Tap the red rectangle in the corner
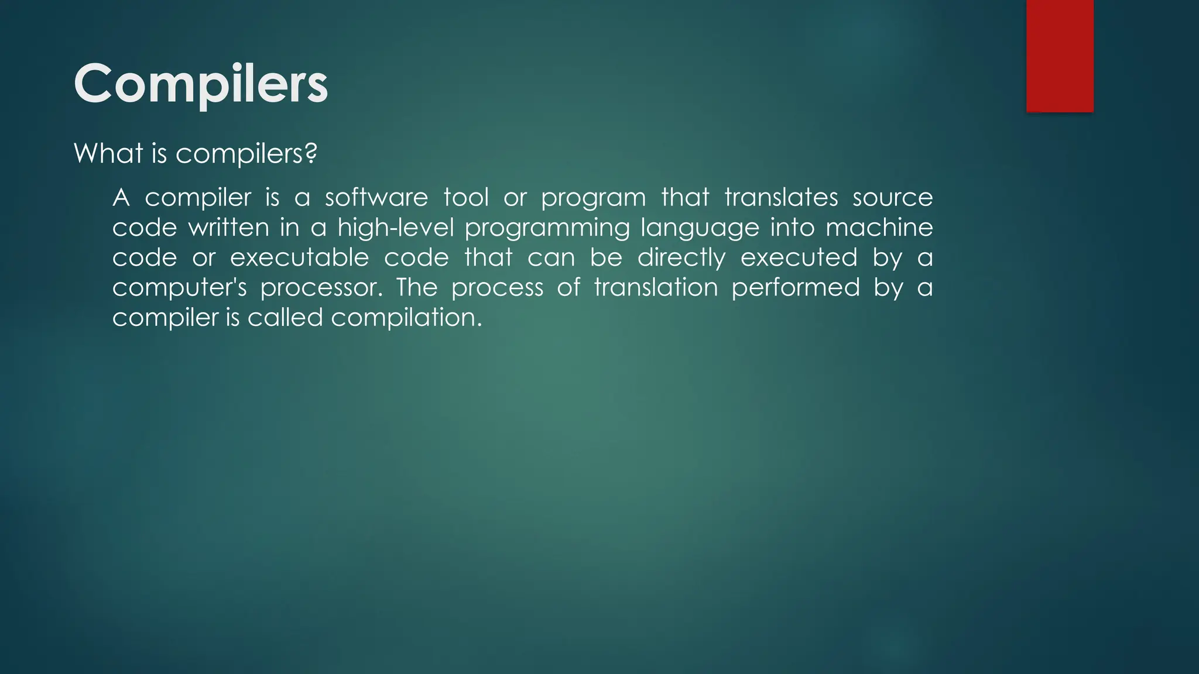(x=1060, y=56)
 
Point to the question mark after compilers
(x=311, y=153)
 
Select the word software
(x=376, y=198)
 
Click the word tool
(x=465, y=198)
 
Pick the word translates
(x=781, y=198)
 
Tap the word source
(x=892, y=198)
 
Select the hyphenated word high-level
(x=396, y=228)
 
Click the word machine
(x=879, y=228)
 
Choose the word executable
(x=299, y=257)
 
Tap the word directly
(x=681, y=257)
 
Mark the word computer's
(x=179, y=288)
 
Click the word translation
(x=656, y=288)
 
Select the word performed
(x=796, y=288)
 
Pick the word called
(x=285, y=318)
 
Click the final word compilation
(x=406, y=318)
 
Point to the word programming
(x=547, y=228)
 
